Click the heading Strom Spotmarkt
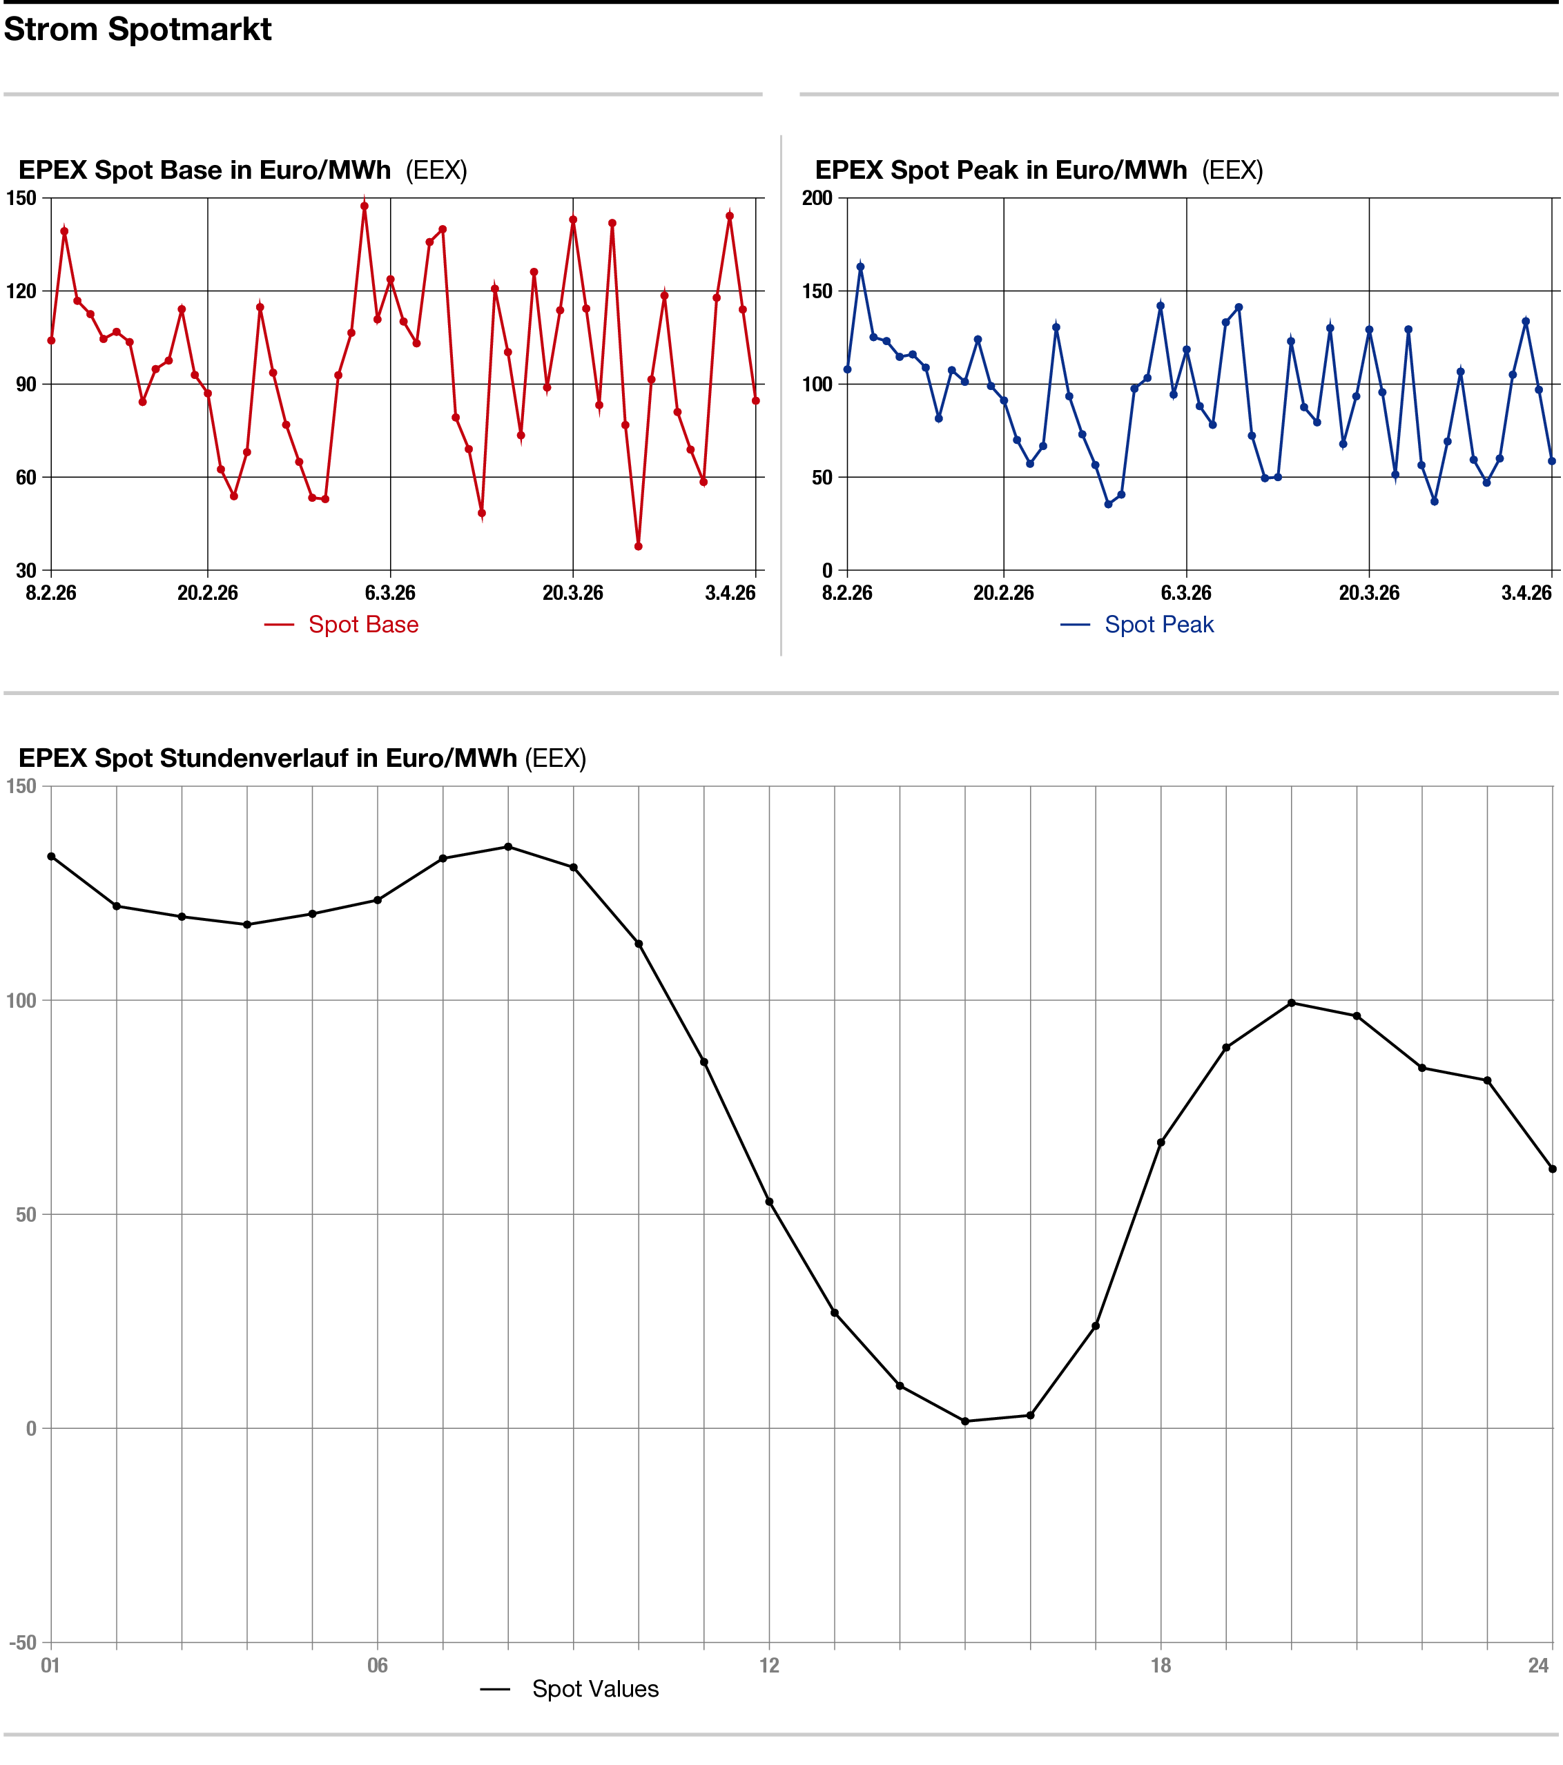tap(137, 30)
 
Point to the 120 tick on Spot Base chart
tap(21, 291)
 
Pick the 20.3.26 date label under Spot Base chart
tap(572, 593)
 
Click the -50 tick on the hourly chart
tap(23, 1642)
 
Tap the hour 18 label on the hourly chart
tap(1161, 1666)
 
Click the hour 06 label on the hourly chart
tap(378, 1666)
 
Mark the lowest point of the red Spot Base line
tap(638, 547)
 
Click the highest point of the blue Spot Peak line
tap(860, 267)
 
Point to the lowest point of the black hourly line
tap(965, 1421)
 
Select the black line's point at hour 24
tap(1553, 1169)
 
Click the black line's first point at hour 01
tap(51, 857)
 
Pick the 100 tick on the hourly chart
tap(21, 1001)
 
